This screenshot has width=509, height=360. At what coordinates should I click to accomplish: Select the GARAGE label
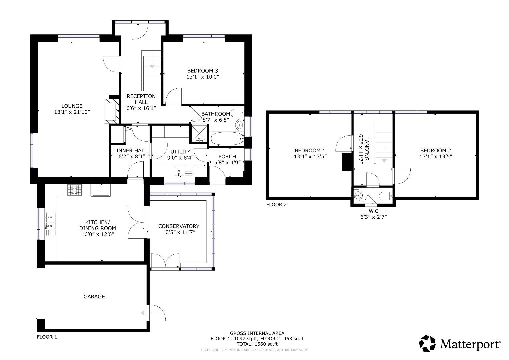coord(94,296)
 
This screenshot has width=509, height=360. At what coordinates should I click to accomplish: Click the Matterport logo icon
coord(427,343)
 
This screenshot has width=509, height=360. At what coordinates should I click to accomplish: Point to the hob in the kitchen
coord(75,190)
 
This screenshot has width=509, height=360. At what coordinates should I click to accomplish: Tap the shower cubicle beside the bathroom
coord(199,133)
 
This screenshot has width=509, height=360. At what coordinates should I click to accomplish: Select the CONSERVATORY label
coord(178,226)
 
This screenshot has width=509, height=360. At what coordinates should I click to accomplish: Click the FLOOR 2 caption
coord(276,205)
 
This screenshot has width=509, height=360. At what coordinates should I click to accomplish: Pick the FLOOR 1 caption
coord(47,337)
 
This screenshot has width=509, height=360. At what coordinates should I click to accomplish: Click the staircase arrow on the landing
coord(384,161)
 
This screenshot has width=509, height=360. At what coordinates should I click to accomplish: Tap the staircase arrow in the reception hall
coord(152,66)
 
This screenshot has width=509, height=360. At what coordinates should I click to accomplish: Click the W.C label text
coord(374,211)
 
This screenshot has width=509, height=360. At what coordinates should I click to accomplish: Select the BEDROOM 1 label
coord(310,150)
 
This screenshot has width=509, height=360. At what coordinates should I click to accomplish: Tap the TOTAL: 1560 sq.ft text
coord(257,344)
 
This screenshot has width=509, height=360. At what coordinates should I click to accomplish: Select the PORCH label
coord(227,157)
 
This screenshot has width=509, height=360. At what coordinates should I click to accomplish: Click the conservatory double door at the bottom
coord(165,261)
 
